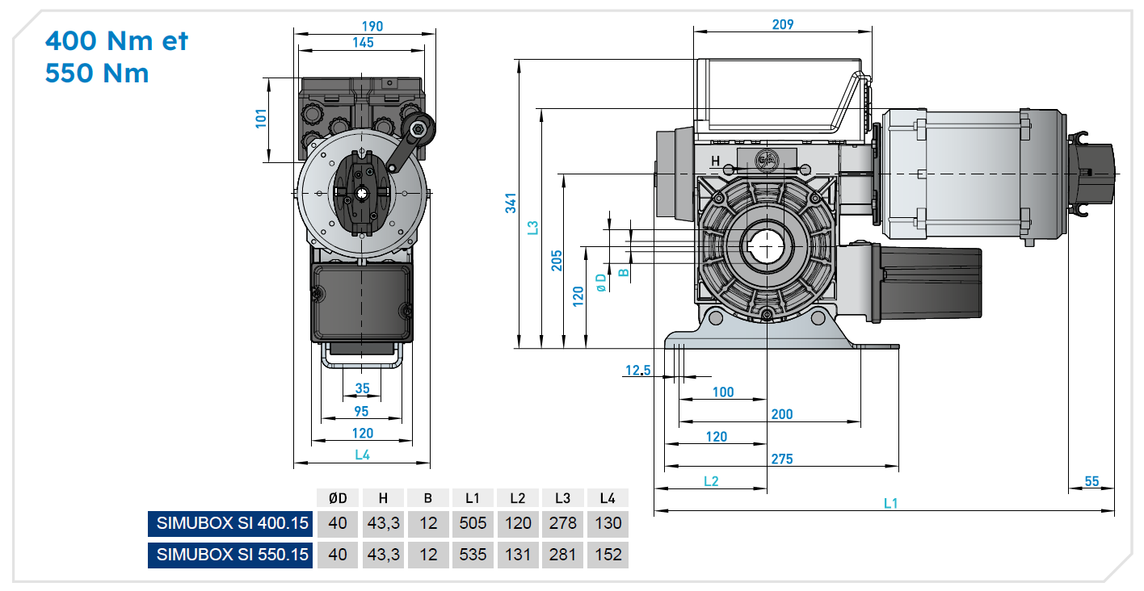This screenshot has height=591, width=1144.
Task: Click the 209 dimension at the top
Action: (782, 25)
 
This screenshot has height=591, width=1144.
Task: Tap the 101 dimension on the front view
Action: (260, 119)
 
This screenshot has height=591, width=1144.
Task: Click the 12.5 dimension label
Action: (637, 371)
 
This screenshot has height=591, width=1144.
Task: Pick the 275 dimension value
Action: (781, 459)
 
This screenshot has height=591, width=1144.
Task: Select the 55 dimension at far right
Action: (1091, 481)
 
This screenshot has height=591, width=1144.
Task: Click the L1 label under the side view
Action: (890, 503)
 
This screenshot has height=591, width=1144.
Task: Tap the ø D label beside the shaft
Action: (600, 282)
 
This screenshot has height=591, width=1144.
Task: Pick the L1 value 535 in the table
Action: (473, 555)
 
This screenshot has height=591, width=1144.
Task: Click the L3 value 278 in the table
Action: (562, 523)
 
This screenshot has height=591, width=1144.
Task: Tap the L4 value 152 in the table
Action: (608, 555)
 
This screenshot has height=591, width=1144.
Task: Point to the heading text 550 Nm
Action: (97, 73)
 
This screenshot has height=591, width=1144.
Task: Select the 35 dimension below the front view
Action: (362, 388)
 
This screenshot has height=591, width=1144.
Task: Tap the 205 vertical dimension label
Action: (557, 261)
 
